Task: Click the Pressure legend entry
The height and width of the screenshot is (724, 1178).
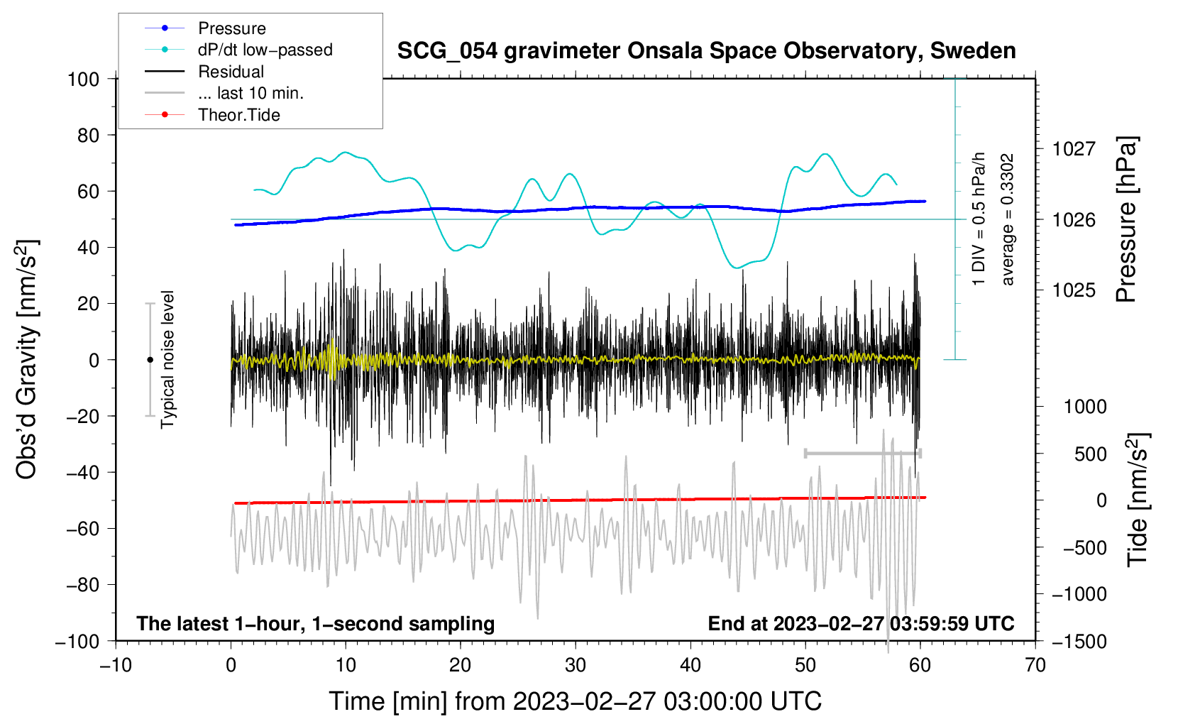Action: tap(205, 28)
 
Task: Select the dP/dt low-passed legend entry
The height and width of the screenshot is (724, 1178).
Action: tap(238, 50)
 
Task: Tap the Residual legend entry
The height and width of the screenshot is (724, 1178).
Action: tap(204, 72)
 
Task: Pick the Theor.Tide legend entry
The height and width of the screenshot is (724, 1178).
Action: tap(212, 115)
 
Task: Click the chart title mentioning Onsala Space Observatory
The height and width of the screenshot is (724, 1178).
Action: tap(706, 51)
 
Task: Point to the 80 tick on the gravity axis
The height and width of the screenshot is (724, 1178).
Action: tap(88, 136)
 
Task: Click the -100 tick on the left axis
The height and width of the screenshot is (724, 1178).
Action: tap(77, 642)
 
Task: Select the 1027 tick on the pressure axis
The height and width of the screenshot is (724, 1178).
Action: tap(1074, 149)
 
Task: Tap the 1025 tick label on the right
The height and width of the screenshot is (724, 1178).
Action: tap(1074, 290)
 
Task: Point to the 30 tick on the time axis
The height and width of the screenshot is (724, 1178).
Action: tap(576, 666)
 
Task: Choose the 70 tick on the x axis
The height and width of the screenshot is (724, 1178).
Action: tap(1035, 666)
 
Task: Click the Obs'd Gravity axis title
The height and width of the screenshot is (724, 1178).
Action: tap(26, 359)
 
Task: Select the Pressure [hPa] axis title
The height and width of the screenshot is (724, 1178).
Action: tap(1126, 219)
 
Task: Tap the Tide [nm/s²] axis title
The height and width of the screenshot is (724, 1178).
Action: tap(1138, 500)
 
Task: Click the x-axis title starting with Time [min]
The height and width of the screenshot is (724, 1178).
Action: tap(576, 701)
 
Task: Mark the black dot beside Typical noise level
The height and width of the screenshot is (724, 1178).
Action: tap(150, 360)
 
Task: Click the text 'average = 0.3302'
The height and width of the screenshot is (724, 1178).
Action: tap(1006, 219)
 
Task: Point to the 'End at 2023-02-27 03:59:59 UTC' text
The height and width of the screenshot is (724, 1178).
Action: tap(861, 623)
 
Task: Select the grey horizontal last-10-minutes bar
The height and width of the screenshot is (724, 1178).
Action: tap(862, 454)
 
